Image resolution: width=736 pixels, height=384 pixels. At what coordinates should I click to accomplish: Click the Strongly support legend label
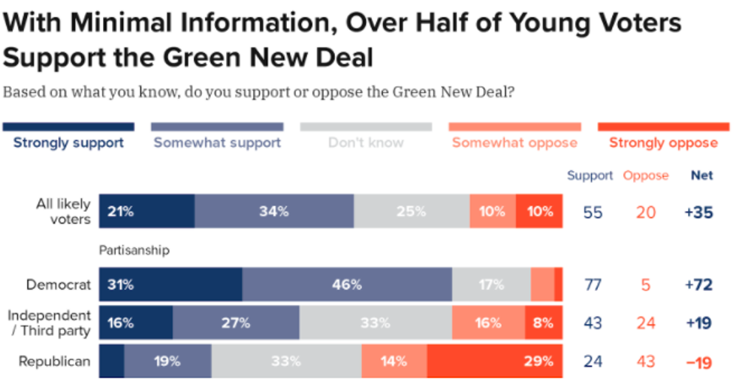tap(68, 142)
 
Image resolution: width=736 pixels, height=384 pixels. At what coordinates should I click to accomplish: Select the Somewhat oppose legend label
tap(514, 142)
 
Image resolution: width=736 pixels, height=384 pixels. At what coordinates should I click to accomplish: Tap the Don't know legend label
tap(366, 142)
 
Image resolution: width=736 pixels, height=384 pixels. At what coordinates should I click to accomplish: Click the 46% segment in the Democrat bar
tap(347, 285)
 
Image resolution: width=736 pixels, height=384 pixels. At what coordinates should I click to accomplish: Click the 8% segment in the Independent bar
tap(543, 323)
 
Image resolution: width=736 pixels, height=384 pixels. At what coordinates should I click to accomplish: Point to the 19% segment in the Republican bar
tap(167, 361)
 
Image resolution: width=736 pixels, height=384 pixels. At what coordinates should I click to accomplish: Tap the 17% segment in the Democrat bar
tap(491, 285)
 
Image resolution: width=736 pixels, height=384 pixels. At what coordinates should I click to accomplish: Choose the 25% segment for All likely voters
tap(412, 211)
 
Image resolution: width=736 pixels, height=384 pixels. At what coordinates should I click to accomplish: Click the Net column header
tap(701, 175)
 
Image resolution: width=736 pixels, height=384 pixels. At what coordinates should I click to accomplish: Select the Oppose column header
tap(645, 175)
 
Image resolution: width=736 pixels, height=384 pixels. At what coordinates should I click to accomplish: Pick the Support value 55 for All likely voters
tap(593, 212)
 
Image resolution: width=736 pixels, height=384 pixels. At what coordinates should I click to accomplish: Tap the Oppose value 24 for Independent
tap(645, 323)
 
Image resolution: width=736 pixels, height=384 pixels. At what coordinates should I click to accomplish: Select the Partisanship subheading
tap(134, 250)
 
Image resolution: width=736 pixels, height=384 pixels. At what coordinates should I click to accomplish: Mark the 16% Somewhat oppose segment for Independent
tap(488, 323)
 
